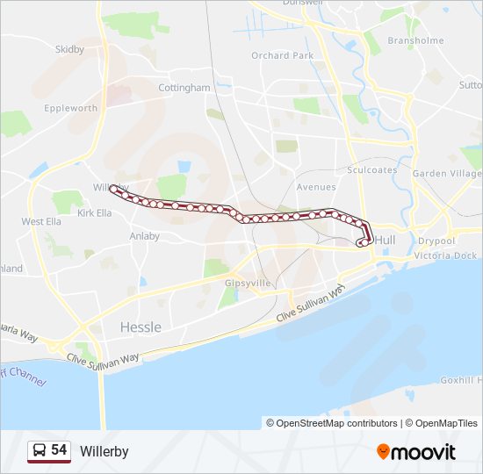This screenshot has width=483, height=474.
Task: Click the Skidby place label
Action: (69, 50)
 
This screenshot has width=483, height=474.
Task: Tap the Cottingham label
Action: (184, 88)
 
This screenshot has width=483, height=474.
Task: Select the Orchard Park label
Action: (282, 55)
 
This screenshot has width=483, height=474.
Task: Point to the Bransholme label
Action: (415, 40)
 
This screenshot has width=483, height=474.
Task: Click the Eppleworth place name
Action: (71, 109)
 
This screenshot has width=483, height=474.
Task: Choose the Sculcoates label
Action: (373, 170)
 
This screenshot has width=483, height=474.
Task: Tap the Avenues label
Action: (315, 187)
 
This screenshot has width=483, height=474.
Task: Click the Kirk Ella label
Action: (95, 213)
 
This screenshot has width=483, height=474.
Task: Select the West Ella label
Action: (41, 222)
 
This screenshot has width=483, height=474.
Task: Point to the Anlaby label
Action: (145, 236)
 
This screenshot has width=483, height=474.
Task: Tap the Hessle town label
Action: (141, 327)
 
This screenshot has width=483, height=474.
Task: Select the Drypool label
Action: (436, 241)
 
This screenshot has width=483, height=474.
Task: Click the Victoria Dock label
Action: (445, 255)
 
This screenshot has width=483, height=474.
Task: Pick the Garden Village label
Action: (447, 174)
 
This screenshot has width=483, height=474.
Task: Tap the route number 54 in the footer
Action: (59, 450)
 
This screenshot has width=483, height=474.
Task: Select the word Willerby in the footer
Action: (104, 451)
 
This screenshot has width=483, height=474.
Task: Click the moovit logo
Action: (416, 452)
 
